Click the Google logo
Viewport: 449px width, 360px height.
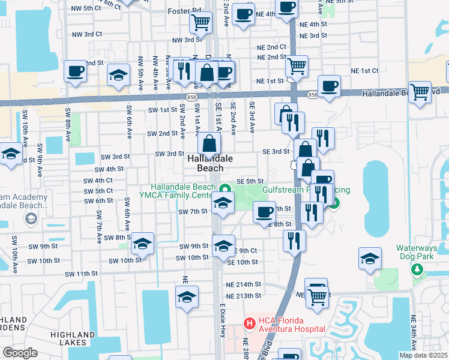coord(20,353)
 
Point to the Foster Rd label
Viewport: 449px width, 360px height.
coord(185,11)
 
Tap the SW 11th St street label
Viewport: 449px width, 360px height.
coord(81,274)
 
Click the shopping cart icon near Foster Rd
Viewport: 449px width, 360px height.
coord(200,23)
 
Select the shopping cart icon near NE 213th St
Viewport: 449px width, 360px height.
coord(317,295)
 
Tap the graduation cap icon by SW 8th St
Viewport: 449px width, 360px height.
coord(143,244)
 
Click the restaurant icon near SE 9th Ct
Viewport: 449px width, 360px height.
coord(294,241)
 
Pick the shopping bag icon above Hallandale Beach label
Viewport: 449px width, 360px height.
coord(209,144)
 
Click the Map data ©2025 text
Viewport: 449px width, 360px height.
coord(424,355)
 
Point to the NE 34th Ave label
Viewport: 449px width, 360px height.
coord(414,332)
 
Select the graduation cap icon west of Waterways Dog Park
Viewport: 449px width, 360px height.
coord(370,259)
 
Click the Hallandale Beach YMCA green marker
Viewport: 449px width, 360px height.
coord(224,187)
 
